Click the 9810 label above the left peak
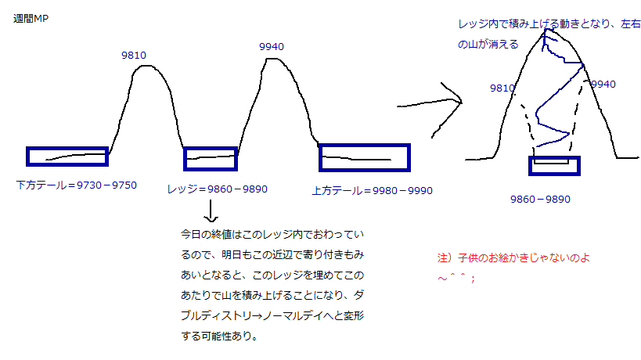tap(134, 55)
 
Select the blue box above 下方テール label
tap(67, 157)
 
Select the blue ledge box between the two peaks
tap(210, 159)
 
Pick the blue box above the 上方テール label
tap(365, 157)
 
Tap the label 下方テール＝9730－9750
tap(76, 185)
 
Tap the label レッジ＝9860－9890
tap(218, 189)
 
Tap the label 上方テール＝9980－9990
tap(372, 190)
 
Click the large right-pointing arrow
tap(430, 101)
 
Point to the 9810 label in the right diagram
tap(502, 88)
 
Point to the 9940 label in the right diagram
tap(603, 84)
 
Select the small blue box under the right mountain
tap(554, 165)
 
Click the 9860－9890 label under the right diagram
tap(540, 199)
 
